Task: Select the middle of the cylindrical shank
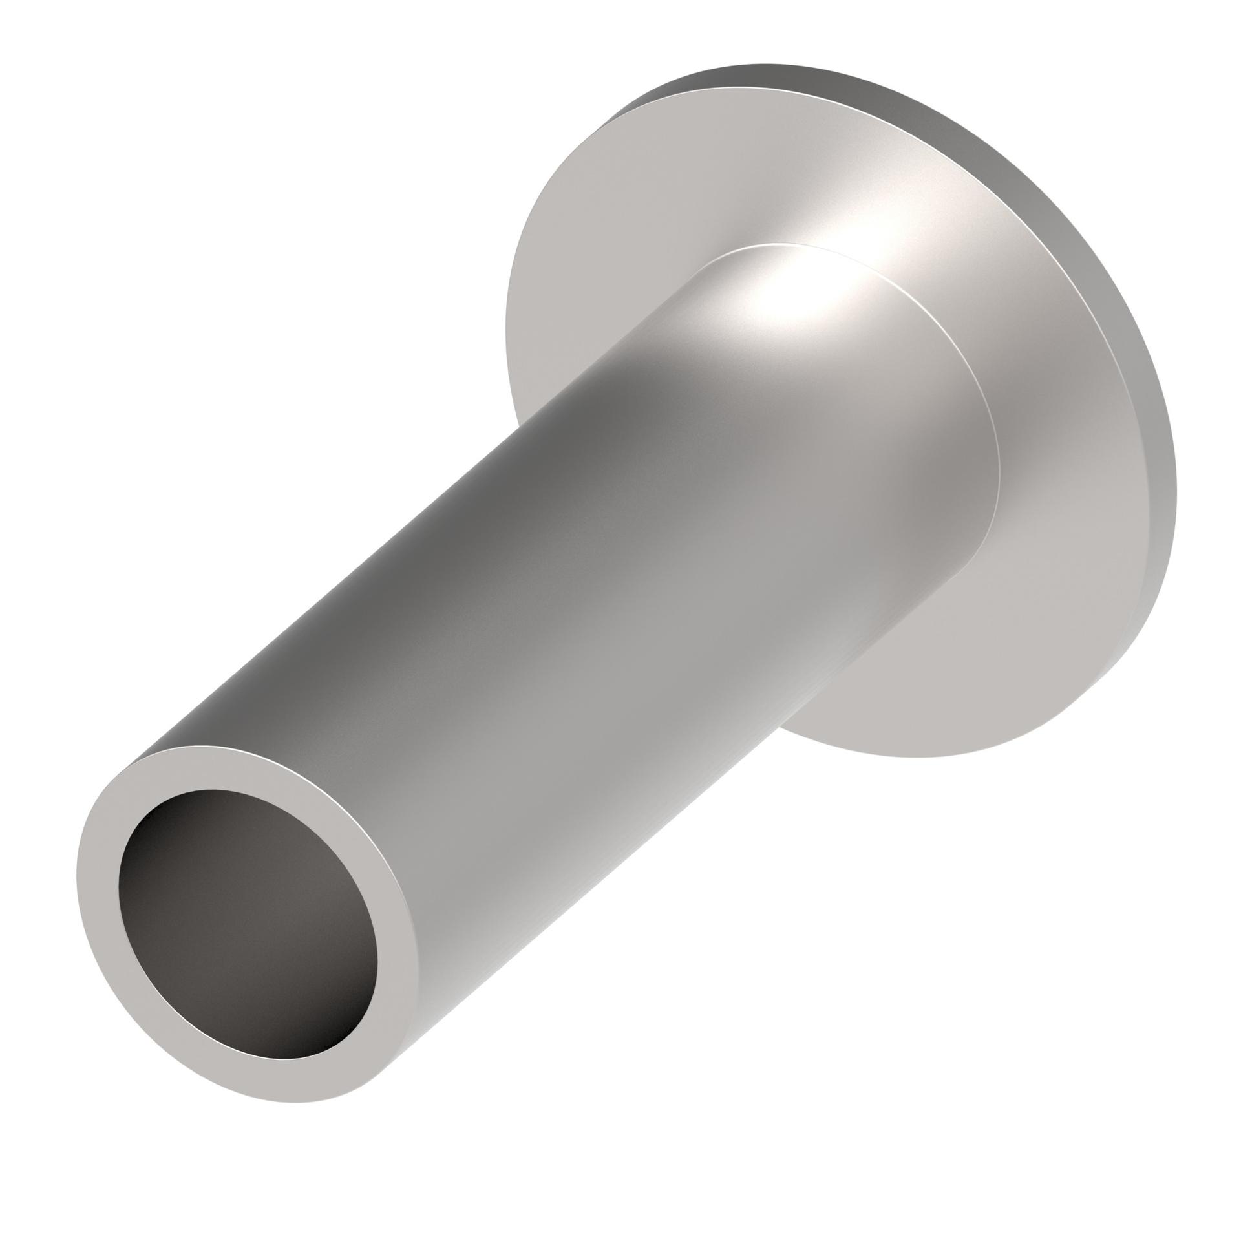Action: pos(582,582)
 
